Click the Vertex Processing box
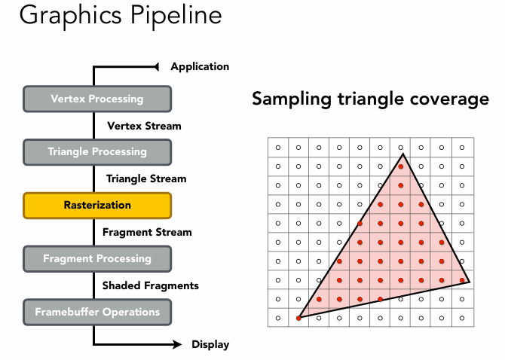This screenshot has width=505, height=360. click(x=98, y=99)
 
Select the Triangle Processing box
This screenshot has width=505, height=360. click(x=98, y=151)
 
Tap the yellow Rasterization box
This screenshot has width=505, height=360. click(x=98, y=205)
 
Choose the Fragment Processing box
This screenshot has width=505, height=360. click(x=98, y=258)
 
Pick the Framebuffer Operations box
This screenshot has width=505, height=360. click(x=98, y=312)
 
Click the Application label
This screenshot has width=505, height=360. click(x=200, y=66)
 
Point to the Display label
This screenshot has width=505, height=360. click(x=210, y=345)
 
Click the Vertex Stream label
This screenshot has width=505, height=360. click(x=144, y=125)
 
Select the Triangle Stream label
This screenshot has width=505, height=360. click(x=146, y=178)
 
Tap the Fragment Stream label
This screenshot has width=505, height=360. click(x=147, y=232)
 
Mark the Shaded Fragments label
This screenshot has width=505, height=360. click(x=151, y=285)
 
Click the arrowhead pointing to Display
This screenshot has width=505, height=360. click(x=178, y=345)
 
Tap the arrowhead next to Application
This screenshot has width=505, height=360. click(x=156, y=67)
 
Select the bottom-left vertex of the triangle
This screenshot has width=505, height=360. click(x=298, y=319)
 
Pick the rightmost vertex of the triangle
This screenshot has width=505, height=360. click(x=470, y=282)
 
